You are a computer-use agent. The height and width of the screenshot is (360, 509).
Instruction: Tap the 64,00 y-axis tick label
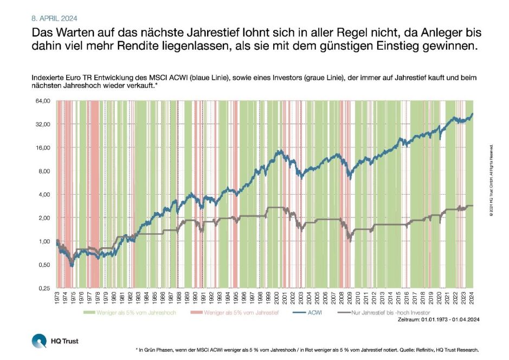[x=42, y=101]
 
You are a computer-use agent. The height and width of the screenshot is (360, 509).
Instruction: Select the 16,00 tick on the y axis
[x=42, y=147]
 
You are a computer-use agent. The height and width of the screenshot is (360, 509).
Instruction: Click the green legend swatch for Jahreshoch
[x=89, y=313]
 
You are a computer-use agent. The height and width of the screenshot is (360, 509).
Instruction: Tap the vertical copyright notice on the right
[x=491, y=181]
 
